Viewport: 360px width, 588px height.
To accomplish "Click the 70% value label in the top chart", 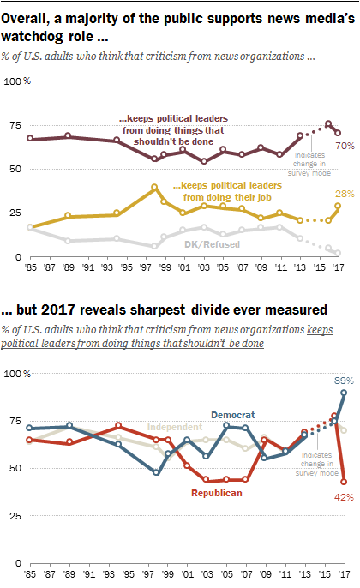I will coord(342,147).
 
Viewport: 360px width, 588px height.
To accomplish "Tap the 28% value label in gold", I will coord(342,195).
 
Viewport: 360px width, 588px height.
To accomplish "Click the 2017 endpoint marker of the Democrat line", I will coord(343,393).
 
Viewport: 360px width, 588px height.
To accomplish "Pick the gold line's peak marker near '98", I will coord(153,187).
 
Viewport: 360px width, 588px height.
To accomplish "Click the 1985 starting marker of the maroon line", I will coord(31,139).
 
